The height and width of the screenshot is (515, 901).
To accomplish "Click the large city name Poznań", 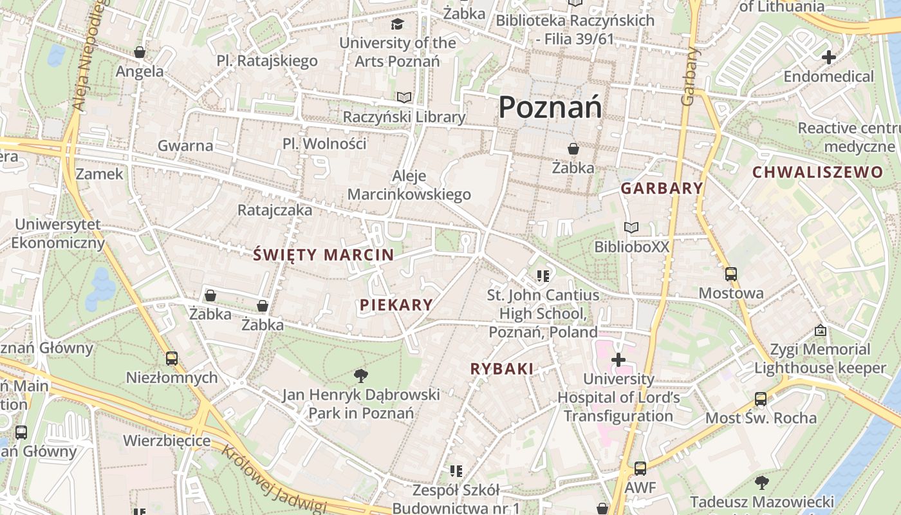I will coord(550,107).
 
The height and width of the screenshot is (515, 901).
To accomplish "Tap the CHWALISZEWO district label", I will coord(817,173).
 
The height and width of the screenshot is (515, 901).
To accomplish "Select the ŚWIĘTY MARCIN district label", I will coord(323,255).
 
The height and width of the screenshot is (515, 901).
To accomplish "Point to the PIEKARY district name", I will coord(396,305).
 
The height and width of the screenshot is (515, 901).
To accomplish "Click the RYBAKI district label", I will coord(502,369).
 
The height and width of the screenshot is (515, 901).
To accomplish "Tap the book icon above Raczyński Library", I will coord(404,97).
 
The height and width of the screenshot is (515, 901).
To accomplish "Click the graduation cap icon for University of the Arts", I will coord(398,24).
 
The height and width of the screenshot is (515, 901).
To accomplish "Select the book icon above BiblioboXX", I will coord(631,228).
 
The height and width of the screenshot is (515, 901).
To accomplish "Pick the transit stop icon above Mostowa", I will coord(730,274).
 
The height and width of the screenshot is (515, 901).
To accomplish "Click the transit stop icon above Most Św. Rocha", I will coord(761,399).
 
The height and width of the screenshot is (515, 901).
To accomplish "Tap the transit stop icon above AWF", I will coord(640,469).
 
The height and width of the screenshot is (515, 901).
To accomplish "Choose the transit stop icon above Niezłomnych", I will coord(171,359).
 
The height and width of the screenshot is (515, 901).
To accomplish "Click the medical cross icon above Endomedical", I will coord(828,57).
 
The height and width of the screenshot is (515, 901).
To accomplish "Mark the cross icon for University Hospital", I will coord(618,359).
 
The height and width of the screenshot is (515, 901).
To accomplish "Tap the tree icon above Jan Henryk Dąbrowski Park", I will coord(361,375).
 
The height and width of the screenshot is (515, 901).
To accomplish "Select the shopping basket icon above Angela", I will coord(140,52).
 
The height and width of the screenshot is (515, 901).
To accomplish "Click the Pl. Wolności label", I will coord(324,143).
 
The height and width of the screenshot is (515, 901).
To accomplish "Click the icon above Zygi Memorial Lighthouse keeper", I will coord(820,330).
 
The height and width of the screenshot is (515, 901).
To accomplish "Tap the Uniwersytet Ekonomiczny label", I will coord(58,234).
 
